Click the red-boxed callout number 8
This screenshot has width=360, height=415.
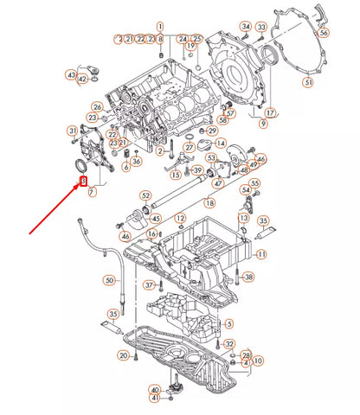[x=84, y=181]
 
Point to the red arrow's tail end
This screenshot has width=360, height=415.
[x=29, y=232]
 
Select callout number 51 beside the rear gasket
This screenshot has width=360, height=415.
[x=307, y=82]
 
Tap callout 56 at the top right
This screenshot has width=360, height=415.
[x=324, y=32]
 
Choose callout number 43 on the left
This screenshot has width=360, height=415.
[x=71, y=76]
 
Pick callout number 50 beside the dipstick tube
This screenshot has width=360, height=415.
[x=108, y=280]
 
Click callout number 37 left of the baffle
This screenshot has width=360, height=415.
[x=149, y=284]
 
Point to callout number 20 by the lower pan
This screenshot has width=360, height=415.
[x=124, y=355]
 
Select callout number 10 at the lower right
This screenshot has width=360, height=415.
[x=258, y=359]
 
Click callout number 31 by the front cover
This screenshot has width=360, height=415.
[x=73, y=131]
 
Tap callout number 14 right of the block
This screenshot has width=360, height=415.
[x=221, y=143]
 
